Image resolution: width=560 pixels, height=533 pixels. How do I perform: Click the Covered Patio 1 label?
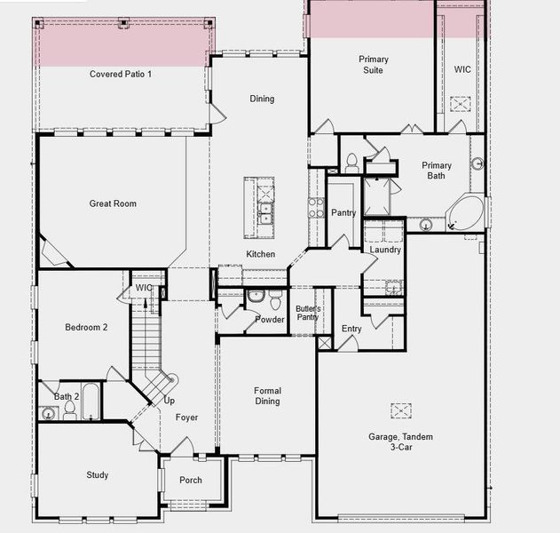[121, 74]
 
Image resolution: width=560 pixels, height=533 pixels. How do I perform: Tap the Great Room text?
[113, 203]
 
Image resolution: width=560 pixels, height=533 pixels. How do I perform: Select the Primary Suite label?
[373, 65]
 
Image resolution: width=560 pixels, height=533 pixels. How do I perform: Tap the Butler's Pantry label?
[307, 313]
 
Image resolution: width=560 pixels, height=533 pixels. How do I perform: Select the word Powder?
[270, 320]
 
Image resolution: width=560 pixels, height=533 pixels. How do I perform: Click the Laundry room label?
[385, 250]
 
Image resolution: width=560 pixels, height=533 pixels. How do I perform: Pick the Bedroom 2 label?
[86, 327]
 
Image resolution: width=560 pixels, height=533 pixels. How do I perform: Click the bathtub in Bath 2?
[90, 411]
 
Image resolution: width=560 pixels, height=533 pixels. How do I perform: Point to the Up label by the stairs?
[169, 401]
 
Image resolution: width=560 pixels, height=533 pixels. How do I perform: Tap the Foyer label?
[186, 418]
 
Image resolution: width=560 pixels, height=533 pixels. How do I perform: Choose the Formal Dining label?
[267, 395]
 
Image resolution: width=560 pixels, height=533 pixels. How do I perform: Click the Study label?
[98, 475]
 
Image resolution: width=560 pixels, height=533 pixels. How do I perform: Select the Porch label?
[191, 481]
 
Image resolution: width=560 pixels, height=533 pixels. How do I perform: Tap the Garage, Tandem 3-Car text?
[403, 442]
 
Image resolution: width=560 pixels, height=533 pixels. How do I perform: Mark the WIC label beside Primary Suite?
[462, 68]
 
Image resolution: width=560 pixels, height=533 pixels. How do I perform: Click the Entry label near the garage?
[351, 329]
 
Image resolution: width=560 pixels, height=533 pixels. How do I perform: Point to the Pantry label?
[343, 213]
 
